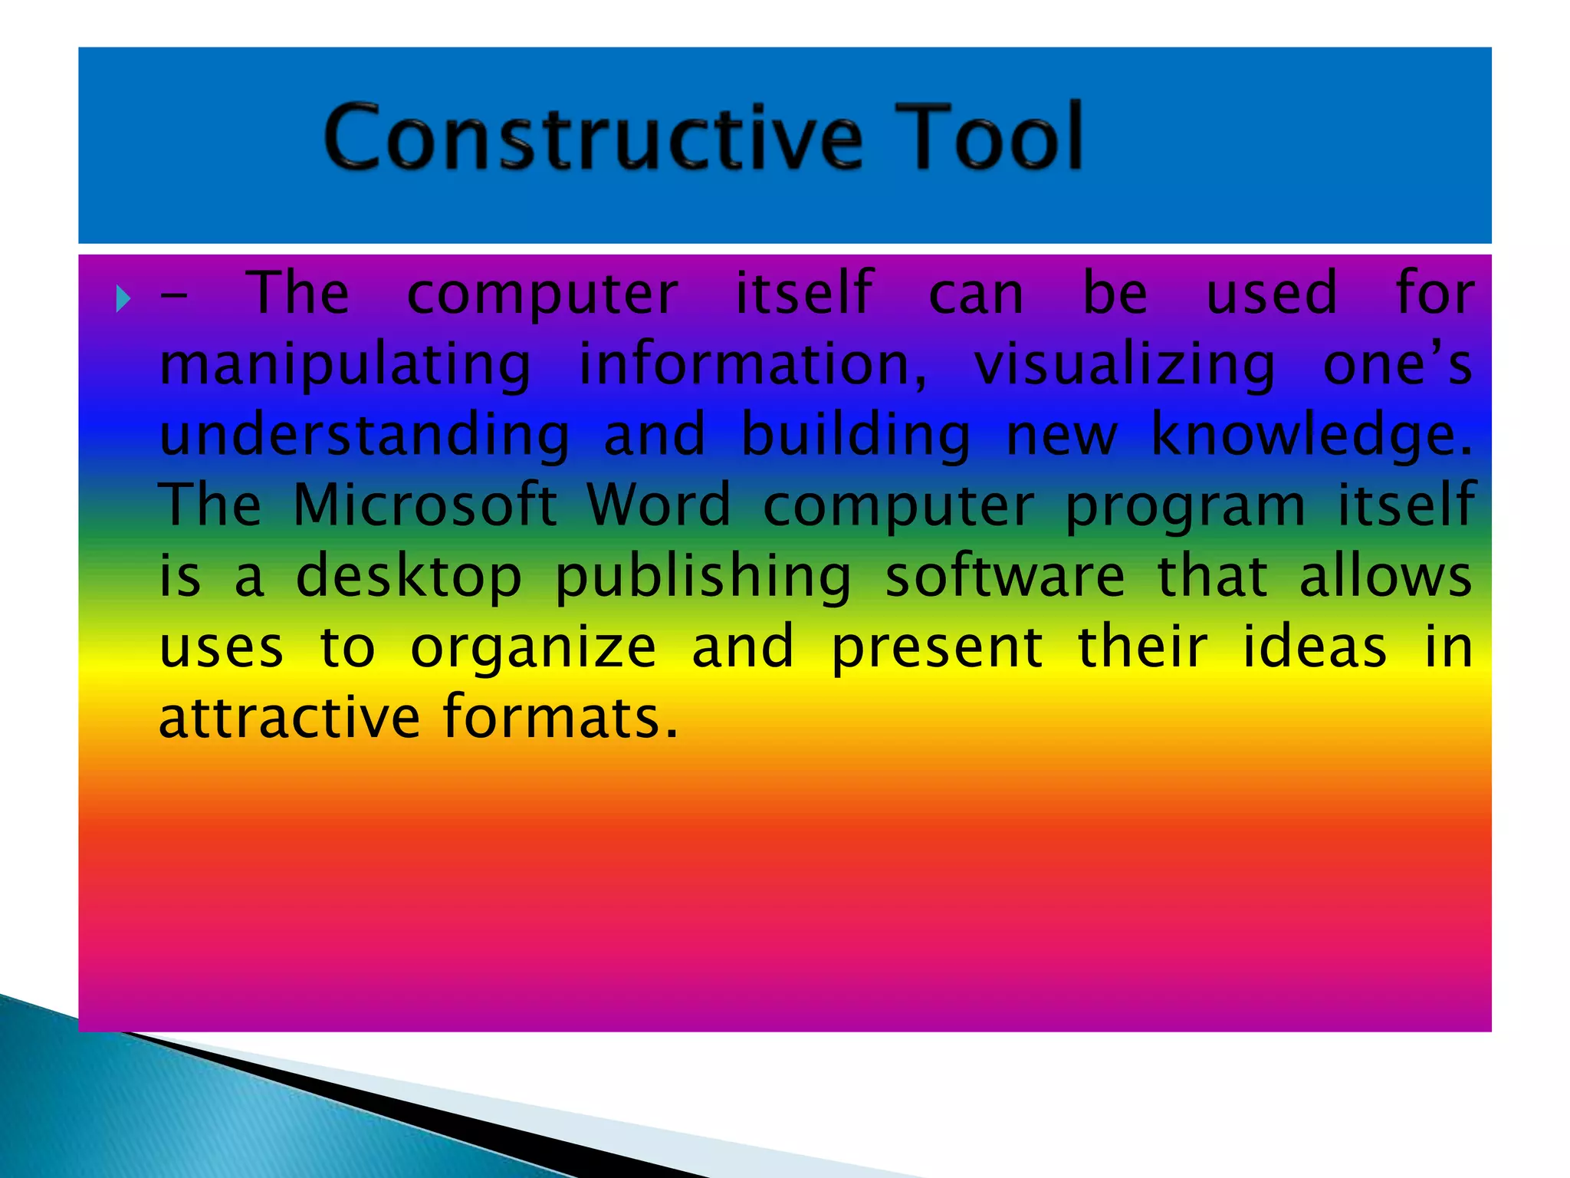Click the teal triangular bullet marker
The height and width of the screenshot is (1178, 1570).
click(x=123, y=298)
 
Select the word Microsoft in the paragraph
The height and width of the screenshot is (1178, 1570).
click(x=425, y=505)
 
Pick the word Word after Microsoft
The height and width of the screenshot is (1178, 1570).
click(x=659, y=505)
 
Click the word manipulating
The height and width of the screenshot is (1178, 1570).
click(x=345, y=366)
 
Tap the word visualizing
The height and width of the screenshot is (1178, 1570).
click(x=1125, y=366)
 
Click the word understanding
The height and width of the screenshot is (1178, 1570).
click(x=365, y=436)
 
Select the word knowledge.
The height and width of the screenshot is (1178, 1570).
click(x=1311, y=436)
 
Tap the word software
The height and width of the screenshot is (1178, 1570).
click(x=1005, y=577)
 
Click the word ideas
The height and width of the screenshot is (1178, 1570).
click(x=1314, y=647)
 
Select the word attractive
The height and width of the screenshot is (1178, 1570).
click(x=290, y=718)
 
